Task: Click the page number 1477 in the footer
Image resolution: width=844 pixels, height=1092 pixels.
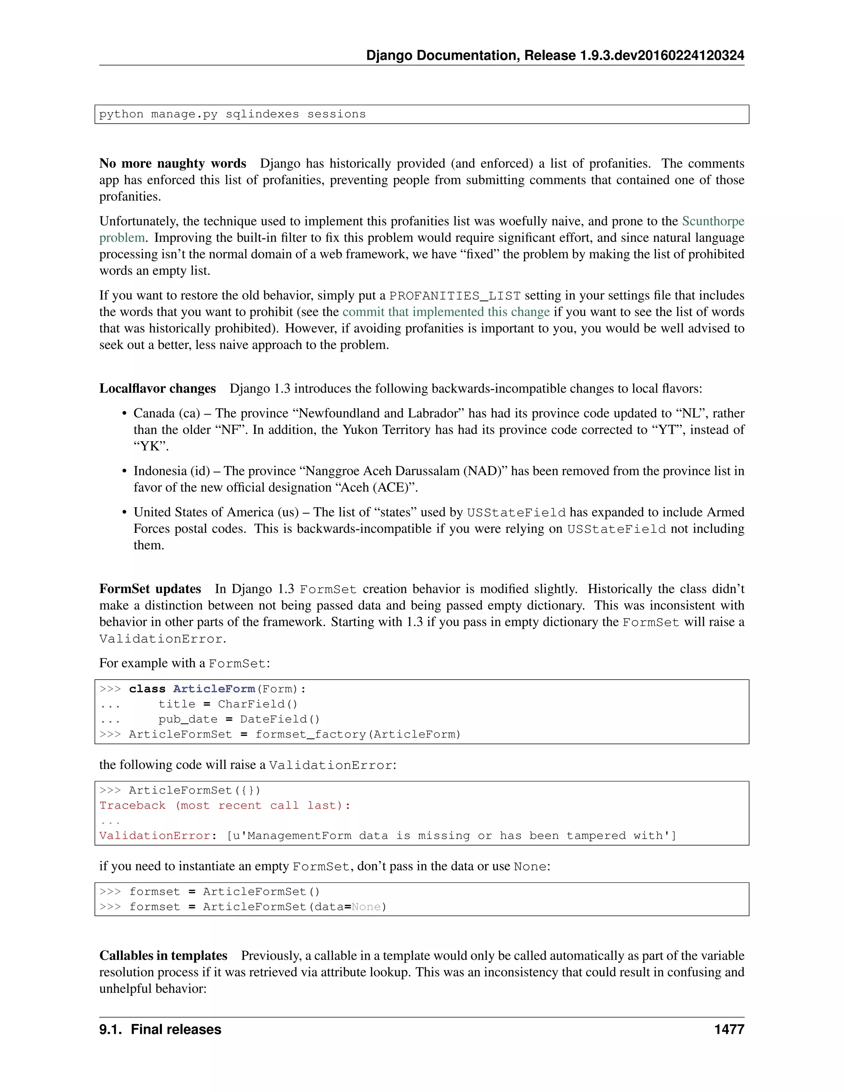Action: [x=729, y=1029]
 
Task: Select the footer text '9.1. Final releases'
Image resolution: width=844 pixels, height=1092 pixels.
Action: [x=160, y=1029]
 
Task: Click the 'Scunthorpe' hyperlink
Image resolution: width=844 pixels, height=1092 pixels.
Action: [x=713, y=221]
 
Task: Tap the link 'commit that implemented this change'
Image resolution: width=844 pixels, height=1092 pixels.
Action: [x=446, y=312]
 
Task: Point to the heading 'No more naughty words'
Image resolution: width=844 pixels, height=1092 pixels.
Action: [x=173, y=164]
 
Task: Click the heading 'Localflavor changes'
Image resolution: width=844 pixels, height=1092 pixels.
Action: [x=157, y=389]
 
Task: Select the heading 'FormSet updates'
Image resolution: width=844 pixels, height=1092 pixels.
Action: [x=150, y=588]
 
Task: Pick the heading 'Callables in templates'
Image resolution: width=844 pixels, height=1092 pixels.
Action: [x=163, y=956]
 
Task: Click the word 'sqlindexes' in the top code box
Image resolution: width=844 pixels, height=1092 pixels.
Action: [x=262, y=114]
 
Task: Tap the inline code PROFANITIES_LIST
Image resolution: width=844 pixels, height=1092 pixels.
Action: [x=455, y=295]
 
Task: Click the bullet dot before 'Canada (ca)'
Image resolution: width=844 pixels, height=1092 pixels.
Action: [x=124, y=413]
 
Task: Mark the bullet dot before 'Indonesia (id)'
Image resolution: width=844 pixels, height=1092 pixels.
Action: [x=124, y=471]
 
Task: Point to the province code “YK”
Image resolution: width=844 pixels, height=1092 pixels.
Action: [x=150, y=446]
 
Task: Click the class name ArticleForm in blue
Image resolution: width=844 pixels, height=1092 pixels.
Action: [x=213, y=689]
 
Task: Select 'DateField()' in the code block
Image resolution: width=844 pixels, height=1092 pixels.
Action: [x=279, y=719]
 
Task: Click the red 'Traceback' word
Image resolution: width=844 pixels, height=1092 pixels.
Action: [x=132, y=806]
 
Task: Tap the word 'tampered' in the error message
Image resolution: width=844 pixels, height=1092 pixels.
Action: [x=596, y=836]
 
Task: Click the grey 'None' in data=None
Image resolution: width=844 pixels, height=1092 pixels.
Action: [x=366, y=907]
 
